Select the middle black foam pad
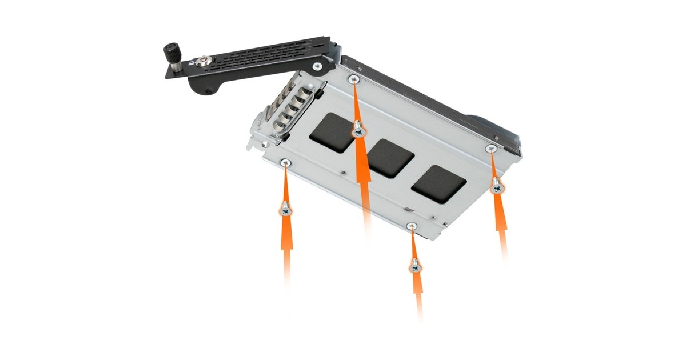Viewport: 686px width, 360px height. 391,158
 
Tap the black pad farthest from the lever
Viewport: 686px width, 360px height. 439,183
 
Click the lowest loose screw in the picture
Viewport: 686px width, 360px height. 416,265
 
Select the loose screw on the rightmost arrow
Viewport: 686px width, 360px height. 497,185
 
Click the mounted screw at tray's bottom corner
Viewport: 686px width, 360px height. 411,227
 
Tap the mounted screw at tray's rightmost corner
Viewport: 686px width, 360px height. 490,149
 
